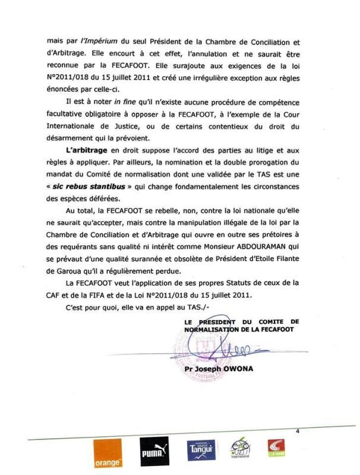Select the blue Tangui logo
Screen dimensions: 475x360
pos(201,453)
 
